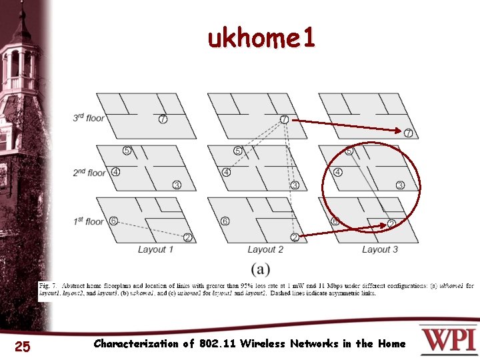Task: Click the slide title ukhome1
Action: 261,40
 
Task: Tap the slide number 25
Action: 22,345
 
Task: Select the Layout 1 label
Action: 155,249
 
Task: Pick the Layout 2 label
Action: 265,249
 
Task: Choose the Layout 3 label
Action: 380,249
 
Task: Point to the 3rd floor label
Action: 89,118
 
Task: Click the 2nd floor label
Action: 89,173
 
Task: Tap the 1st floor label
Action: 89,221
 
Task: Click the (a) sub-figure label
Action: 261,269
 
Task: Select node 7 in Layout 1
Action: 163,119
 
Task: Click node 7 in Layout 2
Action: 284,119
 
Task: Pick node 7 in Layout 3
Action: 408,133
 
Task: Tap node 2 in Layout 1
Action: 188,237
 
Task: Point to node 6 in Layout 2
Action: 225,221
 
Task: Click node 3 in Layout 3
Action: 400,185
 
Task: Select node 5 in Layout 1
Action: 127,151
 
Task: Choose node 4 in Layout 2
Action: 227,172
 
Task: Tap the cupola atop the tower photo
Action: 21,27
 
